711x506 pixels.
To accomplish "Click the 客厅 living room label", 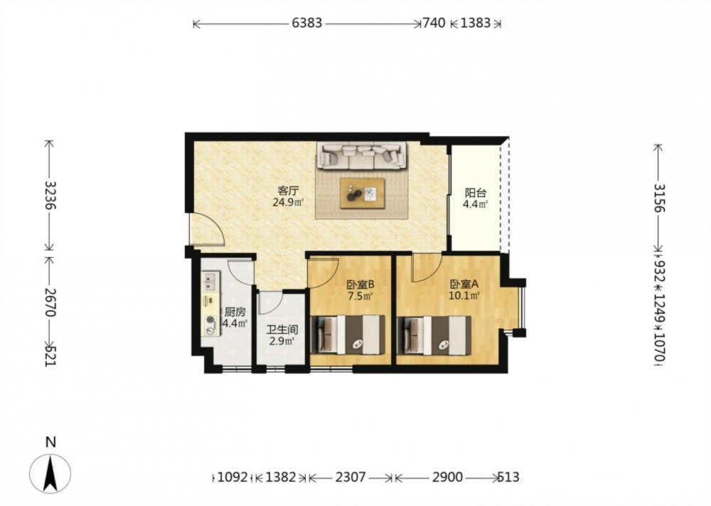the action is click(288, 190).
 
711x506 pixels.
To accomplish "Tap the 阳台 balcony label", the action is click(475, 193).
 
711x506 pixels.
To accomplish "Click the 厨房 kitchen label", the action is click(235, 312).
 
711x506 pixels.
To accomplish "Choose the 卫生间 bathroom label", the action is click(282, 330).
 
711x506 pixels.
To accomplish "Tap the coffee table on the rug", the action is click(363, 194).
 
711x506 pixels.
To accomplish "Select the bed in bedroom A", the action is click(434, 336).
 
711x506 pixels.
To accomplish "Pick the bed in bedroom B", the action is click(351, 335).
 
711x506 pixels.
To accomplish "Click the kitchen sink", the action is click(210, 281).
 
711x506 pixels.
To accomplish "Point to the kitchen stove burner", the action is click(210, 320).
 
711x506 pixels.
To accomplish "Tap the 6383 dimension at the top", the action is click(307, 23).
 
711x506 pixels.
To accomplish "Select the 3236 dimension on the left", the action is click(49, 196).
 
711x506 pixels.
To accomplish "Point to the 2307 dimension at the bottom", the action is click(351, 478).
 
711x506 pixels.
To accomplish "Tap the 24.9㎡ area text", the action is click(288, 202).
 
